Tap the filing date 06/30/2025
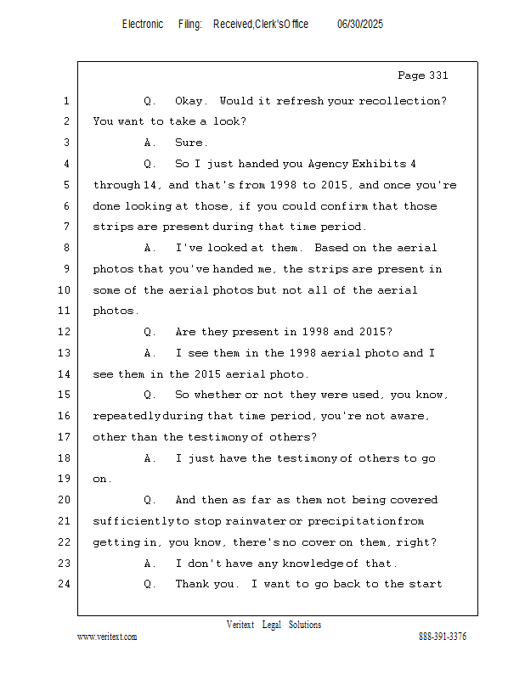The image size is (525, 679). pos(360,24)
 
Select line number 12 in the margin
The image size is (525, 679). pos(65,332)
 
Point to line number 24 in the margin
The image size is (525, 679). pos(65,584)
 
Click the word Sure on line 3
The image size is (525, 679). pos(191,143)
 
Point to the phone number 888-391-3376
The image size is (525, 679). pos(443,637)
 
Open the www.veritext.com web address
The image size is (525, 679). pos(107,637)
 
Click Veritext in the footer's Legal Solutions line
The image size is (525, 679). pos(240,625)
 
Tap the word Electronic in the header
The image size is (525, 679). pos(143,24)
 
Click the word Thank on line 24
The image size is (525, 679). pos(194,584)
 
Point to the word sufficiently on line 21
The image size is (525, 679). pos(133,521)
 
